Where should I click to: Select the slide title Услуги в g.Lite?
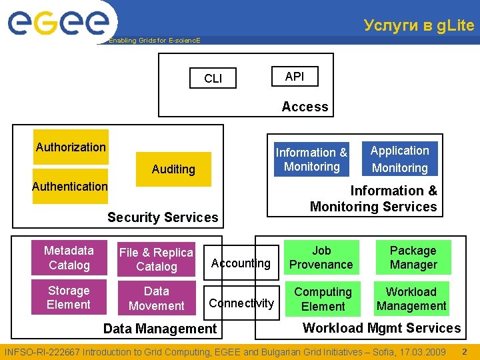coord(419,25)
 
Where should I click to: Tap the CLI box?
coord(213,79)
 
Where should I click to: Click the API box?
coord(294,77)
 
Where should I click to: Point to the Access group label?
coord(305,107)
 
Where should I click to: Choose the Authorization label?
coord(71,147)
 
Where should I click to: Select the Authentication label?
coord(70,187)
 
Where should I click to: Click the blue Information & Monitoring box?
coord(311,160)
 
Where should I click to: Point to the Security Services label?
coord(163,217)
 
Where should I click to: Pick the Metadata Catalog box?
coord(69,258)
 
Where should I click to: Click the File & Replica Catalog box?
coord(156,259)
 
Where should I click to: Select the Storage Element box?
coord(69,298)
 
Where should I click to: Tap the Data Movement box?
coord(156,299)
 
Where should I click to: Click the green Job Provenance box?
coord(321,258)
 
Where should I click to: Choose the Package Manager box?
coord(413,258)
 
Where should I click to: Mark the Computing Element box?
coord(323,299)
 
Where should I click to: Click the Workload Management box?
coord(411,299)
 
